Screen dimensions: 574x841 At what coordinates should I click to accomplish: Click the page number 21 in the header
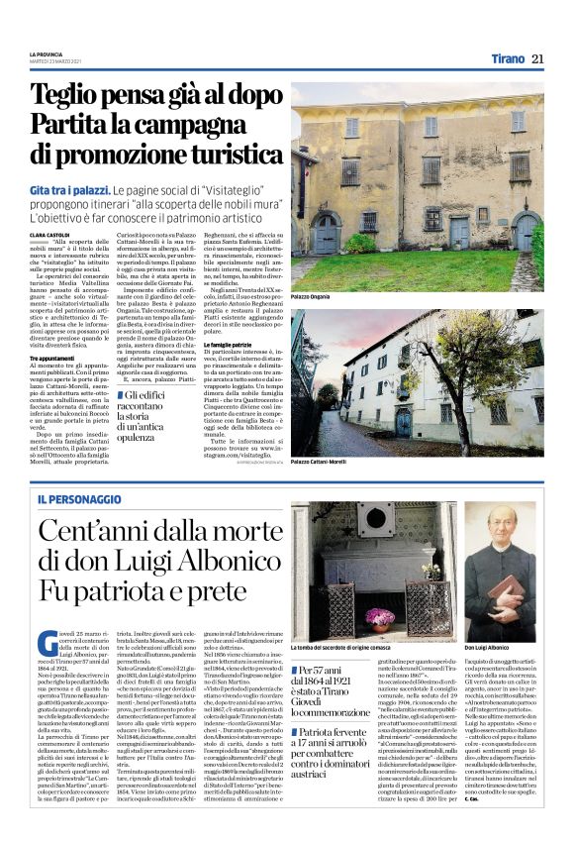[x=537, y=58]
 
